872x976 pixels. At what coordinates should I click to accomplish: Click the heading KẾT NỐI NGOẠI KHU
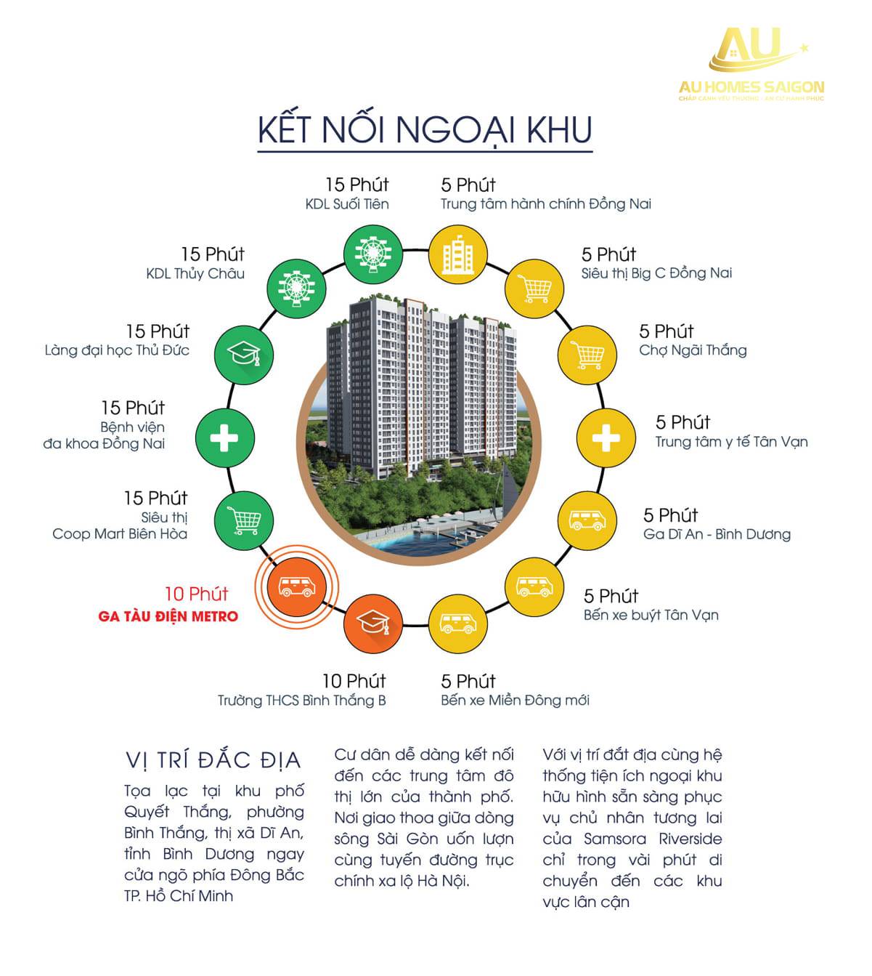pyautogui.click(x=425, y=129)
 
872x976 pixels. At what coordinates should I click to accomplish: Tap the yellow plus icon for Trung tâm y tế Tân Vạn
pyautogui.click(x=605, y=438)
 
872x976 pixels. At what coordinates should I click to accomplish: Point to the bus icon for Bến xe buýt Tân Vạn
pyautogui.click(x=535, y=586)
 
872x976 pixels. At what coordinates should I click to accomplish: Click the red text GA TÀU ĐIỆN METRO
pyautogui.click(x=168, y=616)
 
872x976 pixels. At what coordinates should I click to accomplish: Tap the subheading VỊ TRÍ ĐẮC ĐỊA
pyautogui.click(x=213, y=760)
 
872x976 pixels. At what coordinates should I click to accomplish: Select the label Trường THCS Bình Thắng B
pyautogui.click(x=302, y=701)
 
